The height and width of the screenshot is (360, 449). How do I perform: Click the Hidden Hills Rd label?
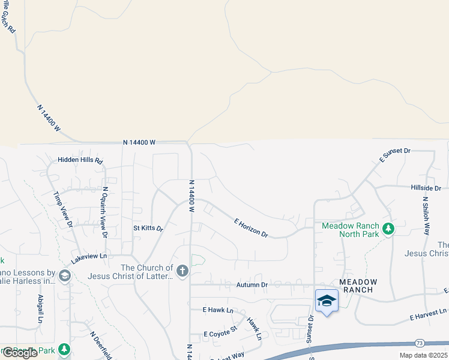tap(80, 161)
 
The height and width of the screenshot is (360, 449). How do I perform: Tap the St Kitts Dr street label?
tap(148, 229)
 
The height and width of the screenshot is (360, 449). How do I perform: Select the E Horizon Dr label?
tap(250, 227)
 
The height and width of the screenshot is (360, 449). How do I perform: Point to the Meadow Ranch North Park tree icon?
tap(388, 229)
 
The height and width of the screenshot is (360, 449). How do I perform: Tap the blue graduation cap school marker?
tap(326, 301)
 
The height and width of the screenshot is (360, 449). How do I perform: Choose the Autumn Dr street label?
tap(252, 285)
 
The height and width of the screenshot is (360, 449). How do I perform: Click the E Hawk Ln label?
tap(217, 310)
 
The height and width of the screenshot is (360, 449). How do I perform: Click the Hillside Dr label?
tap(426, 188)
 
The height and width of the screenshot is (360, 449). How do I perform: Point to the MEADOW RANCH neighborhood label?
tap(358, 286)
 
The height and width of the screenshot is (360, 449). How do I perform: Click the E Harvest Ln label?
tap(429, 313)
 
